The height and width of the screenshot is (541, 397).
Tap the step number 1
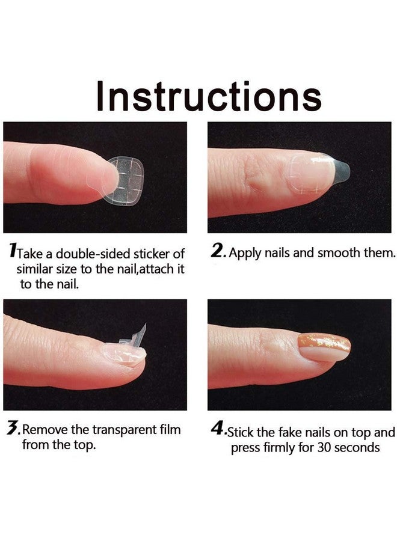click(x=13, y=251)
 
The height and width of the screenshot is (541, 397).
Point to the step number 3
click(x=12, y=429)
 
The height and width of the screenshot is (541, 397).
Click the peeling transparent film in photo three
click(x=140, y=337)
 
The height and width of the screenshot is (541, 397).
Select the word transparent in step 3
click(x=119, y=430)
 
